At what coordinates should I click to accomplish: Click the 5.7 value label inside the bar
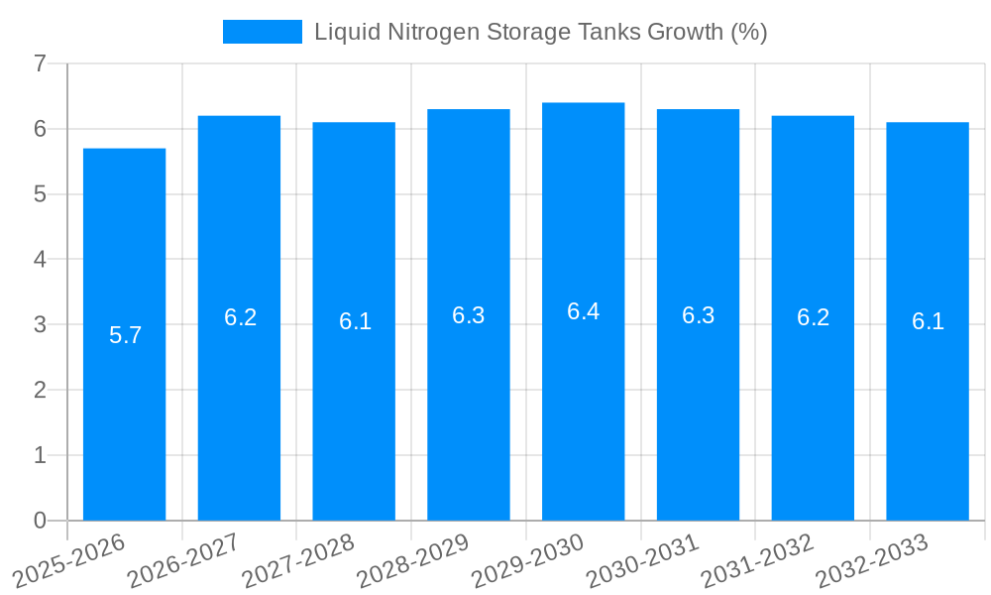pyautogui.click(x=126, y=335)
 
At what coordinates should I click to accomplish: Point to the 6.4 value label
pyautogui.click(x=583, y=311)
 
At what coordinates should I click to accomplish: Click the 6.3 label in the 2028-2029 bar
pyautogui.click(x=469, y=315)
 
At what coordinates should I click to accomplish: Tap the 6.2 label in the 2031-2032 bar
pyautogui.click(x=813, y=317)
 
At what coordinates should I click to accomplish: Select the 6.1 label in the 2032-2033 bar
pyautogui.click(x=928, y=321)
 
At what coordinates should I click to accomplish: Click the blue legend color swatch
pyautogui.click(x=262, y=32)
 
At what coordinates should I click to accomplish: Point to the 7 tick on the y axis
pyautogui.click(x=40, y=63)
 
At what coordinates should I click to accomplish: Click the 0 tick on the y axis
pyautogui.click(x=40, y=520)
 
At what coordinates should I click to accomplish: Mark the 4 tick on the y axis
pyautogui.click(x=40, y=259)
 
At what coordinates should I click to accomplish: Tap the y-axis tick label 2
pyautogui.click(x=40, y=390)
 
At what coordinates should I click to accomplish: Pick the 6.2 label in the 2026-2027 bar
pyautogui.click(x=240, y=317)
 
